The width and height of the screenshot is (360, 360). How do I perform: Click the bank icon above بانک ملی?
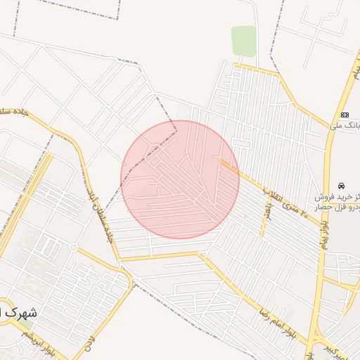[345, 115]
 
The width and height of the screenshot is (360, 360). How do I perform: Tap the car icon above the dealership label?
[342, 186]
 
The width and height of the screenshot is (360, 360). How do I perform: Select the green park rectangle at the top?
[244, 41]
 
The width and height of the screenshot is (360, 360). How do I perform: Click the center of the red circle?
[180, 179]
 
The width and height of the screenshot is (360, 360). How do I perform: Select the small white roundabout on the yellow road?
[73, 247]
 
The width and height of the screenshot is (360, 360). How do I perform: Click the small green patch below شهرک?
[28, 326]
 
